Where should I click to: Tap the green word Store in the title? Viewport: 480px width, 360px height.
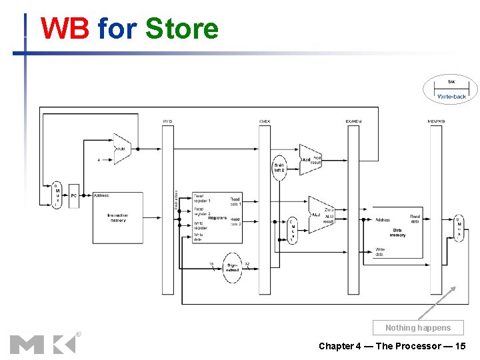pyautogui.click(x=182, y=29)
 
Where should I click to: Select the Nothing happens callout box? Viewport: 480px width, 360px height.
pyautogui.click(x=418, y=327)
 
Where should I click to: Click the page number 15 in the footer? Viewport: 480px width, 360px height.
pyautogui.click(x=460, y=346)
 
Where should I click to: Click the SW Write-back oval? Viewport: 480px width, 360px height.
pyautogui.click(x=451, y=89)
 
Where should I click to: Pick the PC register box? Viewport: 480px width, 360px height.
pyautogui.click(x=74, y=195)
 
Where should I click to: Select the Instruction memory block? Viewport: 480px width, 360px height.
pyautogui.click(x=117, y=218)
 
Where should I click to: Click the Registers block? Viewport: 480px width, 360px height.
pyautogui.click(x=217, y=218)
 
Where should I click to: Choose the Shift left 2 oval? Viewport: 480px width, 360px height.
pyautogui.click(x=279, y=167)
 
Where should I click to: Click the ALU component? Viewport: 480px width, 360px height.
pyautogui.click(x=321, y=215)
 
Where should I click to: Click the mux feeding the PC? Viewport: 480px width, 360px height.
pyautogui.click(x=57, y=195)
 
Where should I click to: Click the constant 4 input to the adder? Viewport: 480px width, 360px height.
pyautogui.click(x=99, y=160)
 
